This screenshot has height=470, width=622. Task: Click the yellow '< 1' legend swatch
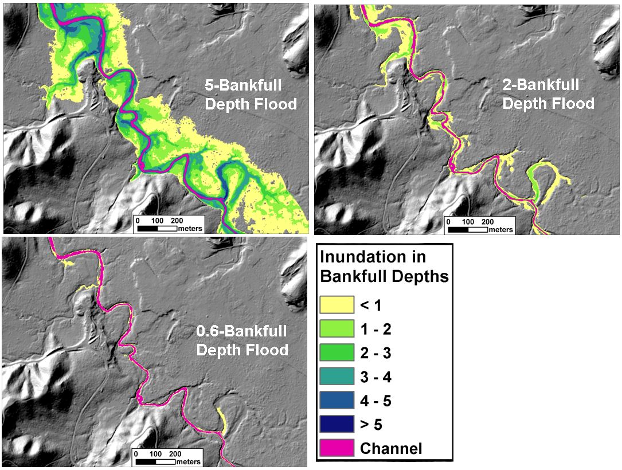[x=337, y=304]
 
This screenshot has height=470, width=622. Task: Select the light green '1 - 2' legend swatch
[x=337, y=328]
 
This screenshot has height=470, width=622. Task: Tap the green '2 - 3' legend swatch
[x=337, y=352]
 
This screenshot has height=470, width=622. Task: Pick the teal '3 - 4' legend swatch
[x=337, y=377]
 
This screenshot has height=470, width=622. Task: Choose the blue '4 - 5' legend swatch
[x=337, y=400]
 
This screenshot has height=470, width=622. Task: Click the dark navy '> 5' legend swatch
[x=337, y=424]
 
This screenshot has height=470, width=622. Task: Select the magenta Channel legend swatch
[x=337, y=448]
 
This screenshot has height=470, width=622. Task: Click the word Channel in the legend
[x=391, y=448]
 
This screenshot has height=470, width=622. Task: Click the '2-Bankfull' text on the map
[x=541, y=85]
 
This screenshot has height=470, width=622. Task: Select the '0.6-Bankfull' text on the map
[x=241, y=332]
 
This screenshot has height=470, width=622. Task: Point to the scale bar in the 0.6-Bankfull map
[x=155, y=461]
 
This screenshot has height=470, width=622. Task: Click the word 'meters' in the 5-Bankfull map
[x=190, y=229]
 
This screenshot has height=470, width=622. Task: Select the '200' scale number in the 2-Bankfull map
[x=487, y=222]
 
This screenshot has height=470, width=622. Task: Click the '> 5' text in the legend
[x=371, y=425]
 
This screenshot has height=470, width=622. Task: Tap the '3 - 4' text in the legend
[x=375, y=377]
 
